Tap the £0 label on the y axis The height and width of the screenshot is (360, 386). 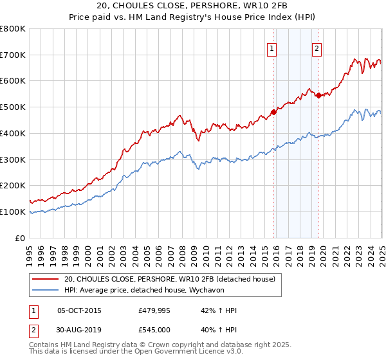click(19, 238)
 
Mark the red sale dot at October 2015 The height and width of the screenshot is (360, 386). click(273, 112)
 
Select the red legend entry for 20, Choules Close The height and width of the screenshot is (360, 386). click(170, 279)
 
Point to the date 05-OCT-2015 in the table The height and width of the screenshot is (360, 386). click(80, 310)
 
